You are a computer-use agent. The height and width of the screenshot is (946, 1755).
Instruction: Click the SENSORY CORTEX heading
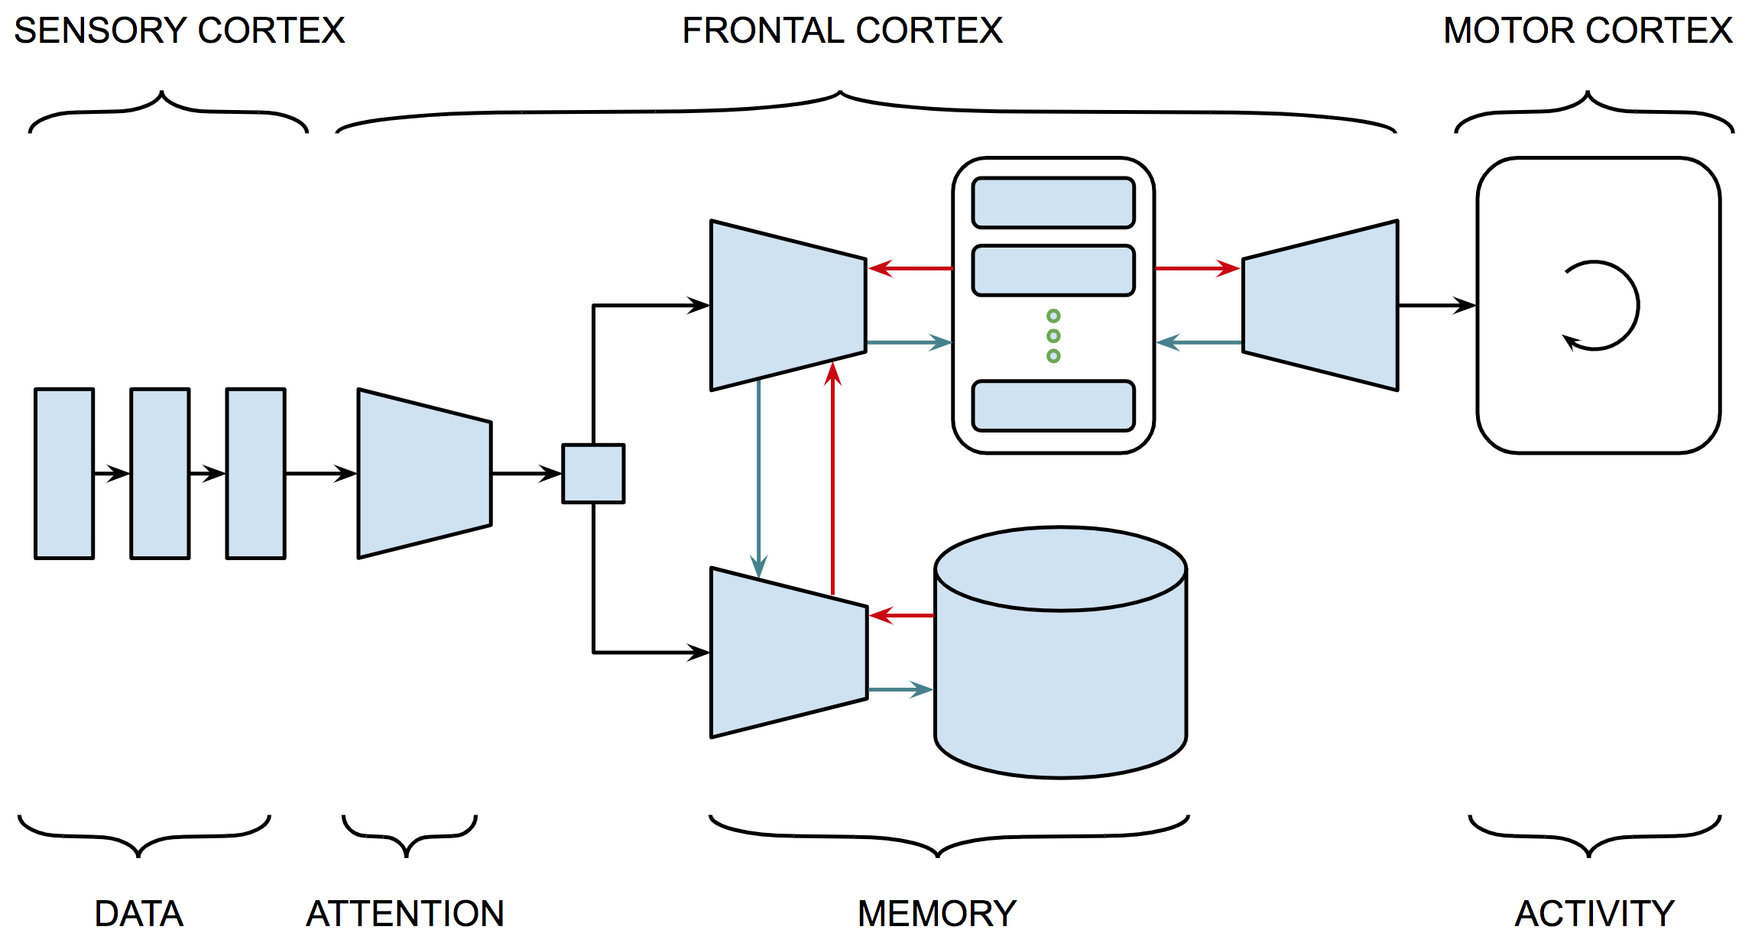180,31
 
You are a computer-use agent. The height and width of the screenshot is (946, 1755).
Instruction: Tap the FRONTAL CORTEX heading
842,31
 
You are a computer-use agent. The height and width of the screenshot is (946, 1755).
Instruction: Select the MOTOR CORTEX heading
1588,31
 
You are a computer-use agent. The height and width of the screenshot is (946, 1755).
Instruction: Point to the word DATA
139,913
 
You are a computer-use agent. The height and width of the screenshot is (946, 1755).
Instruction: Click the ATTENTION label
405,913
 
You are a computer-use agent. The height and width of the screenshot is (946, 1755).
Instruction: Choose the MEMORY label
937,913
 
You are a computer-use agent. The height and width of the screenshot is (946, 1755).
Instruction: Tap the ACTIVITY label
1594,913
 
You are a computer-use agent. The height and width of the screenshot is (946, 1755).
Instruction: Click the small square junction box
593,474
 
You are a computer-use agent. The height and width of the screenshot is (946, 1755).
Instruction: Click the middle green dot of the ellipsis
1053,336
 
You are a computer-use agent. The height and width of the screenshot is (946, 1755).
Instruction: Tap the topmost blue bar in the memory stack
1053,202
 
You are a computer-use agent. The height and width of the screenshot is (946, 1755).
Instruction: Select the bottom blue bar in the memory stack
1053,406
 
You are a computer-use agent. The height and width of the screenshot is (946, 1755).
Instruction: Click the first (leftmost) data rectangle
64,474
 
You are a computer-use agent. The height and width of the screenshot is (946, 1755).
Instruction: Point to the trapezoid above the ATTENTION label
424,474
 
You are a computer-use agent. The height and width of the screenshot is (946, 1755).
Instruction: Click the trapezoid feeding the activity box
1321,306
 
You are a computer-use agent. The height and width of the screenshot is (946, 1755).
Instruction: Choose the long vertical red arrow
832,481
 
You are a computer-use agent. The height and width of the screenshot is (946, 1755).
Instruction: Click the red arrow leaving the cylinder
902,615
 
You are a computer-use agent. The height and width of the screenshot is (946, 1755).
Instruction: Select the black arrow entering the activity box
1437,306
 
